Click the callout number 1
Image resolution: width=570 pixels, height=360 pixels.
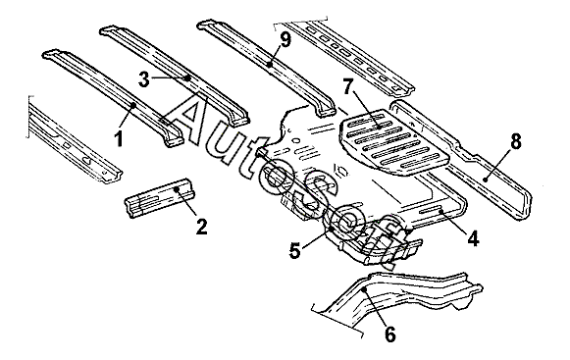tap(119, 138)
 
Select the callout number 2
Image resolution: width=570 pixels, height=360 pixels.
tap(201, 227)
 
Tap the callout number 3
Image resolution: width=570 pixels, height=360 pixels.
tap(144, 79)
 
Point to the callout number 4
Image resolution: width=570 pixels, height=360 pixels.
tap(473, 239)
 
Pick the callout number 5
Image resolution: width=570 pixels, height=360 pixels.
tap(295, 250)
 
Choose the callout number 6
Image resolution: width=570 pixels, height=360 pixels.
tap(389, 334)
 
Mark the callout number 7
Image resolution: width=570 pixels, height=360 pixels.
tap(348, 87)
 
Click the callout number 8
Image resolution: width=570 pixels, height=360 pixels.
tap(516, 141)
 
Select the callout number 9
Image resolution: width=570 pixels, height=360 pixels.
tap(286, 40)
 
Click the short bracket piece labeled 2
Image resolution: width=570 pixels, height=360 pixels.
tap(159, 198)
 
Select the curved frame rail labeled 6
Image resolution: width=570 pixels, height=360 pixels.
tap(396, 294)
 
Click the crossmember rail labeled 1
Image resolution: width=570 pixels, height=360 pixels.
tap(113, 97)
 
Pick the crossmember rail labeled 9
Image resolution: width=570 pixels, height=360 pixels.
tap(266, 68)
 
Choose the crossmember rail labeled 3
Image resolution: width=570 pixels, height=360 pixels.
tap(175, 76)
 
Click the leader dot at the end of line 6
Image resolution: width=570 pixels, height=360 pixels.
tap(365, 289)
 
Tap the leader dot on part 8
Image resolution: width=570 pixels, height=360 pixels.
tap(485, 179)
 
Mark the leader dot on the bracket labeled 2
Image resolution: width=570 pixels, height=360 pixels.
tap(177, 188)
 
